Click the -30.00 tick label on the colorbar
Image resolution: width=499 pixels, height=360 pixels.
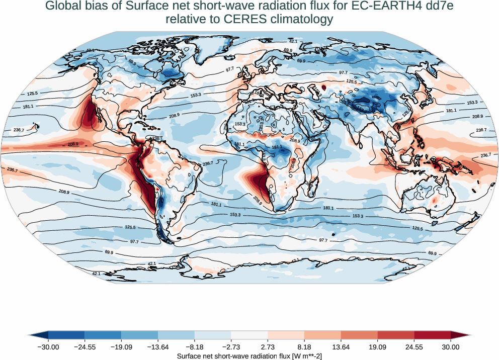48,347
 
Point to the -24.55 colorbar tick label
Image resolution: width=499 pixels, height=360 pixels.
85,347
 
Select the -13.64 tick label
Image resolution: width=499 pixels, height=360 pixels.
158,347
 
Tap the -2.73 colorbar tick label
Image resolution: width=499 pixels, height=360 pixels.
231,347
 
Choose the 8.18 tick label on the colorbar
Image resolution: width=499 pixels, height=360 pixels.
304,347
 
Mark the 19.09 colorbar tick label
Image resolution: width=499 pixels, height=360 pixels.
377,347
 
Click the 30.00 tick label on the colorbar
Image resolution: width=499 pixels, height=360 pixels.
451,347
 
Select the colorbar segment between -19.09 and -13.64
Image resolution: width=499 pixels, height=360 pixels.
139,335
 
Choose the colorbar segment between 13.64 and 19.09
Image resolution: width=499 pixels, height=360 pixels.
359,335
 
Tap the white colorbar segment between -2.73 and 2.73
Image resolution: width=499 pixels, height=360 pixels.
249,335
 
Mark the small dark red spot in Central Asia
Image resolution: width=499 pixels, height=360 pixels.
324,87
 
